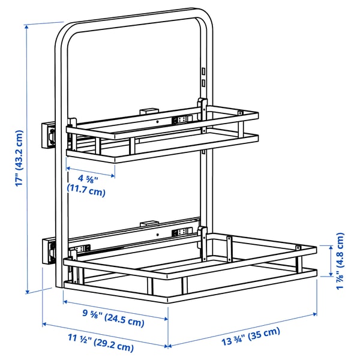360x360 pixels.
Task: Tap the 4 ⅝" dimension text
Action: [89, 178]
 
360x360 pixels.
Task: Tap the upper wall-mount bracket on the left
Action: [48, 134]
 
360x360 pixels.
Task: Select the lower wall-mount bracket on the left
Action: [48, 250]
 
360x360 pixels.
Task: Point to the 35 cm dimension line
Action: [242, 330]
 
